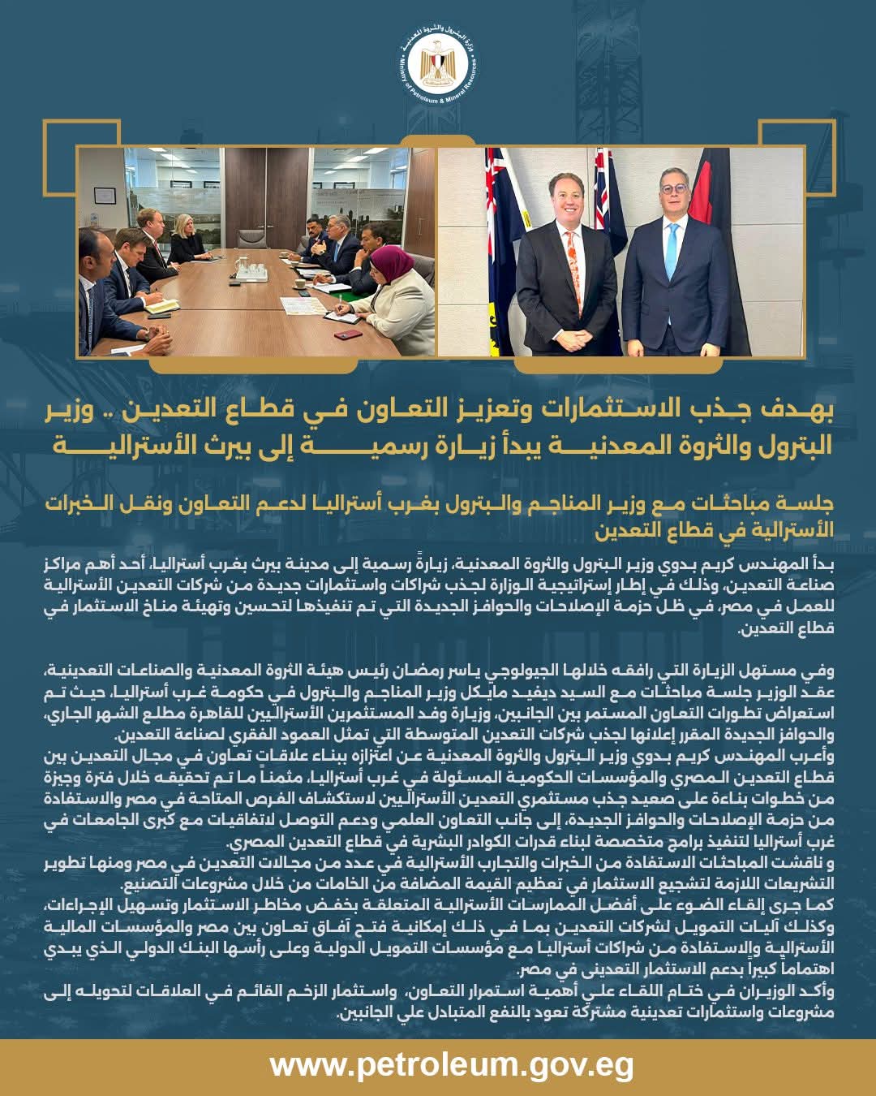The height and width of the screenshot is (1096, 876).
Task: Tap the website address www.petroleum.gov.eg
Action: click(x=452, y=1064)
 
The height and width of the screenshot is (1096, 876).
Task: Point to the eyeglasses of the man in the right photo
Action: click(x=673, y=189)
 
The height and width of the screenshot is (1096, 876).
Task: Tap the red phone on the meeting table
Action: click(x=347, y=334)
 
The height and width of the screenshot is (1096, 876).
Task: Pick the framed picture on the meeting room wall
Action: click(x=104, y=196)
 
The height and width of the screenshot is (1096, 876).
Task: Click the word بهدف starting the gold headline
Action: click(x=804, y=409)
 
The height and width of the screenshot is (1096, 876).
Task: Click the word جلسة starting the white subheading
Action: click(x=812, y=504)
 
